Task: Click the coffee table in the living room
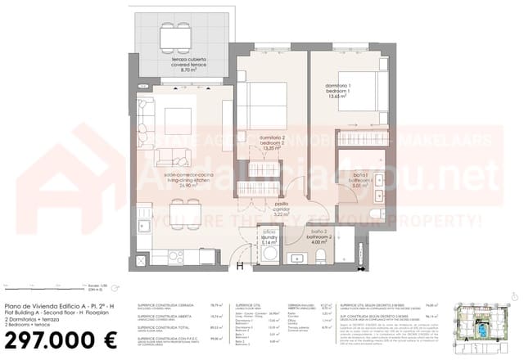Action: click(x=178, y=122)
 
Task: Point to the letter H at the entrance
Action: click(x=239, y=265)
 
